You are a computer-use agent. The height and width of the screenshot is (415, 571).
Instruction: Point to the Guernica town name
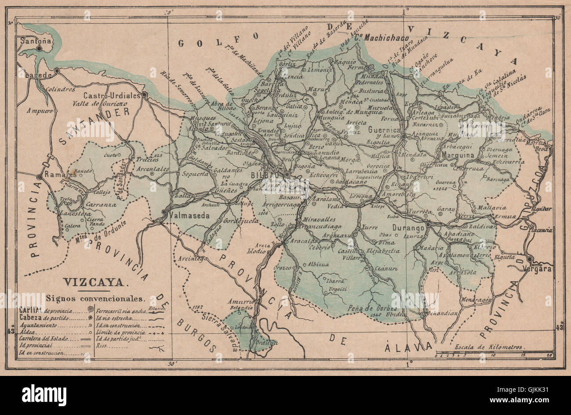[385, 130]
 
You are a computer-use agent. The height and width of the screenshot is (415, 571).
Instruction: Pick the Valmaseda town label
[187, 216]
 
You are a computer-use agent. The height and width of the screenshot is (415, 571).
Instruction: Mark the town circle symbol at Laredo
[57, 70]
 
